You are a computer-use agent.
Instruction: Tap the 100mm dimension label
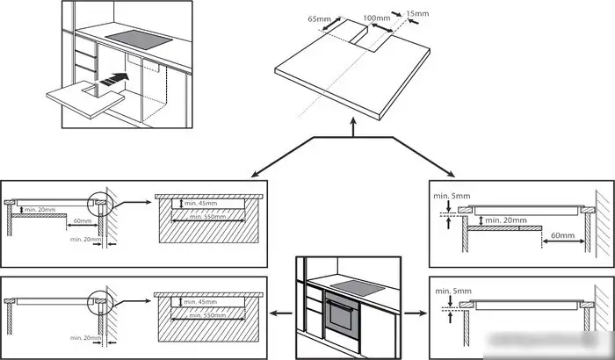click(x=376, y=18)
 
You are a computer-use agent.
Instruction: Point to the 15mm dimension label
click(x=419, y=13)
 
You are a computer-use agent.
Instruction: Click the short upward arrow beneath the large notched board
click(x=352, y=129)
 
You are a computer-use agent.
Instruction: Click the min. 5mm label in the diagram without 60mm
click(x=453, y=289)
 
